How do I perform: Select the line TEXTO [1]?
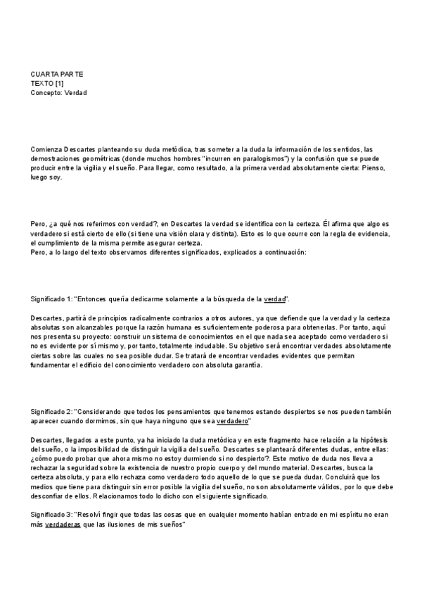[47, 83]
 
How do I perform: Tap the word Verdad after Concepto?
[75, 92]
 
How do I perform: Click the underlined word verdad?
[274, 299]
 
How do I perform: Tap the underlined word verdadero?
[233, 421]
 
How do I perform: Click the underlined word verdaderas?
[63, 524]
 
